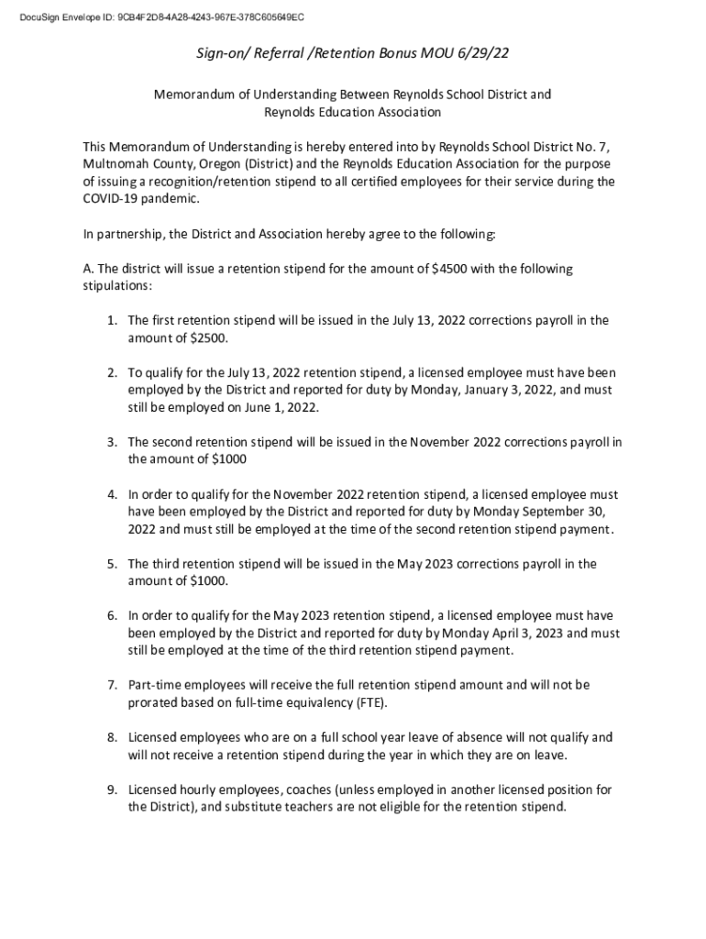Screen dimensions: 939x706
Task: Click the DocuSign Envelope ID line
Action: (x=155, y=17)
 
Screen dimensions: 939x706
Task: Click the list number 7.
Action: (x=111, y=685)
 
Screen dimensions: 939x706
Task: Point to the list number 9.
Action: (x=111, y=790)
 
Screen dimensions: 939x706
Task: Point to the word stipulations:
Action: (x=117, y=286)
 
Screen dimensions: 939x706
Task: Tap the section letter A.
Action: (x=88, y=269)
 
